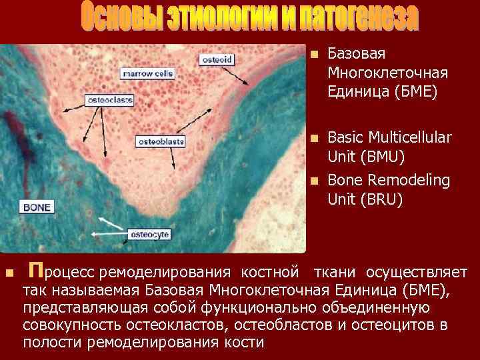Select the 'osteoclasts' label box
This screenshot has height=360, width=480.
tap(109, 100)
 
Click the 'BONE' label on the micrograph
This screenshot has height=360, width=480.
tap(37, 207)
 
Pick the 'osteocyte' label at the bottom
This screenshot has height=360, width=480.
tap(149, 234)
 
